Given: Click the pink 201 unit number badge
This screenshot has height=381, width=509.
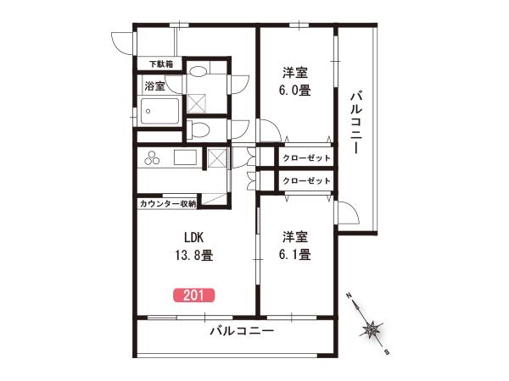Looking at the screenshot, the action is [193, 295].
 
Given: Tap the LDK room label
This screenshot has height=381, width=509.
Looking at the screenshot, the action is [193, 237].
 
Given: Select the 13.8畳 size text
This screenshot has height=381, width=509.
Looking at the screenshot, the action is [194, 256].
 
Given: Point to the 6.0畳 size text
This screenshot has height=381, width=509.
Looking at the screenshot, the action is [294, 90].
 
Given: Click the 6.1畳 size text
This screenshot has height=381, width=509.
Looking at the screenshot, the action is [294, 254].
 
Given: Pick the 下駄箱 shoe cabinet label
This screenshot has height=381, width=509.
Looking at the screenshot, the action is [161, 63].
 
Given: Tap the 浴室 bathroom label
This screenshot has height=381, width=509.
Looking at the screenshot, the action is [155, 86].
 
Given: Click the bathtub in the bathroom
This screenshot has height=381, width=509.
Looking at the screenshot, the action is [159, 111].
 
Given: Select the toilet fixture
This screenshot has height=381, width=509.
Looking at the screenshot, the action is [199, 130].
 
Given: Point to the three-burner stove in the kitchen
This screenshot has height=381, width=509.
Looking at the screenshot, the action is [152, 157].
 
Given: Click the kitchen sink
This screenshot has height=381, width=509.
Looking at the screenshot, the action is [185, 157].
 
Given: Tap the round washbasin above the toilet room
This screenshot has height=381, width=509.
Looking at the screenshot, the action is [198, 71].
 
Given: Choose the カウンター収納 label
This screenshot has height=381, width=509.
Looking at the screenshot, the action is [168, 204].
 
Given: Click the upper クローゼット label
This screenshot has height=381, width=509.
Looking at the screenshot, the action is [306, 157].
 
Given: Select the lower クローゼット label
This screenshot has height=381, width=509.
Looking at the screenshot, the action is [306, 180].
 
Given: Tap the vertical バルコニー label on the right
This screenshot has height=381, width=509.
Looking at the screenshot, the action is [356, 123].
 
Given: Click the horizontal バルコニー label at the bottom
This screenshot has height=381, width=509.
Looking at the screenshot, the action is [242, 331].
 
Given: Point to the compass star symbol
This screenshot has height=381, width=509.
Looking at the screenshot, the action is [371, 330].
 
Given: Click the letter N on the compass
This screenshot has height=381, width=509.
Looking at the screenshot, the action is [349, 295].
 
